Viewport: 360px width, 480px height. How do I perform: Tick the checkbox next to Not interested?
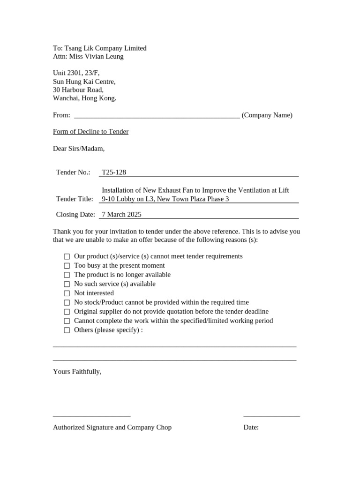(x=67, y=293)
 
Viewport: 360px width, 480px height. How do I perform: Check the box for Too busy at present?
(x=67, y=266)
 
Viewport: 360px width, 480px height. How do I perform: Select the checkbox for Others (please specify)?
(x=67, y=330)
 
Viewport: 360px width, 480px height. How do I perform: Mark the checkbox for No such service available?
(x=67, y=284)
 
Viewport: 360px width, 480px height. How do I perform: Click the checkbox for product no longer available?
(x=67, y=275)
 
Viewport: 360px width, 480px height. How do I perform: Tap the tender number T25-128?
(x=114, y=172)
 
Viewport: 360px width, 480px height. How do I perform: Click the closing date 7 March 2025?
(x=121, y=215)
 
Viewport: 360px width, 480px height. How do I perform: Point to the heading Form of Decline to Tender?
(x=90, y=132)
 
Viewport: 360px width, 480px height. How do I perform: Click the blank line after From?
(x=157, y=116)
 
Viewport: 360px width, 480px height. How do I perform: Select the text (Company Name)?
(x=267, y=115)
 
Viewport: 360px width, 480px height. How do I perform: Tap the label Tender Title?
(x=75, y=199)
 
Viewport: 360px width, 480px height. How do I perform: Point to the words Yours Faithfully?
(x=77, y=371)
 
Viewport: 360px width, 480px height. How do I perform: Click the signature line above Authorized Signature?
(x=91, y=415)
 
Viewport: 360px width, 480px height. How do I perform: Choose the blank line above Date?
(x=271, y=415)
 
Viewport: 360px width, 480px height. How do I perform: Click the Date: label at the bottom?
(x=251, y=427)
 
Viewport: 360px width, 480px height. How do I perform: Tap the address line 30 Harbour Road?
(x=78, y=90)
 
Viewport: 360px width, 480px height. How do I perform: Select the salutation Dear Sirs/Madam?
(x=79, y=149)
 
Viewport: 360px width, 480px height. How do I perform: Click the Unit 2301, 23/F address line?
(x=76, y=73)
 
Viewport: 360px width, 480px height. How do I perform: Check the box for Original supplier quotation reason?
(x=67, y=312)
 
